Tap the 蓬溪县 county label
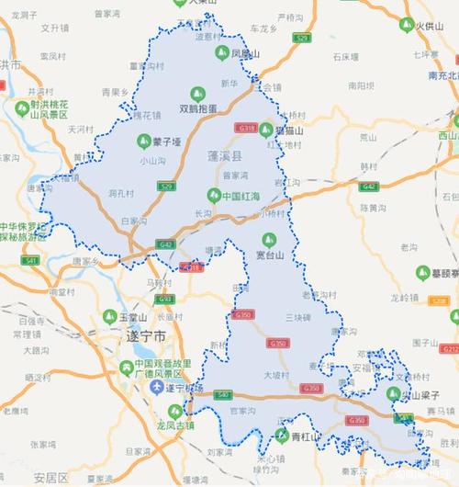click(x=225, y=158)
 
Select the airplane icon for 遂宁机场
click(x=157, y=387)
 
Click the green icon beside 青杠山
click(x=283, y=436)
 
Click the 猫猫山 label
click(x=287, y=130)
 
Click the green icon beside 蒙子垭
click(x=143, y=141)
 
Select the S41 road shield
click(x=31, y=262)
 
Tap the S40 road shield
click(x=221, y=394)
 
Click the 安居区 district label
click(x=51, y=478)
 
